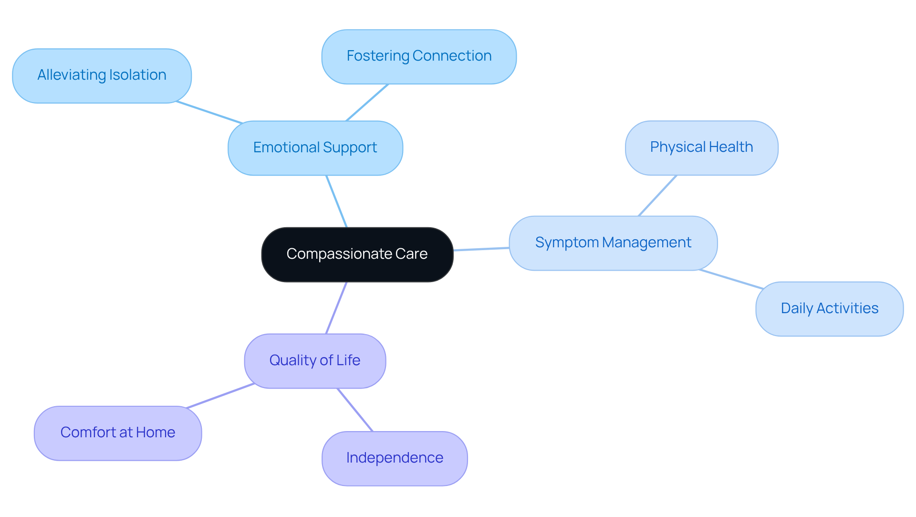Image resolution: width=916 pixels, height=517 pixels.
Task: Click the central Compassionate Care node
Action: coord(357,254)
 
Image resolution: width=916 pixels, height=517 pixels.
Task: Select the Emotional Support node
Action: coord(315,148)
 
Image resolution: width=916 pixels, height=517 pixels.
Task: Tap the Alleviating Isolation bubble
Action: coord(102,75)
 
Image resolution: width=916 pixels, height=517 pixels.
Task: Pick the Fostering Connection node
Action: coord(419,56)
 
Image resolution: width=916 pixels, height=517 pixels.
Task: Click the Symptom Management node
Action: coord(613,243)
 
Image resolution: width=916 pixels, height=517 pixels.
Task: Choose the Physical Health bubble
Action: coord(701,148)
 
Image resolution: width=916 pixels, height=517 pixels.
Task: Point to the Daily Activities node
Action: coord(829,309)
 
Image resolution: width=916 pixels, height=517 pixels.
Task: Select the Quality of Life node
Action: coord(315,360)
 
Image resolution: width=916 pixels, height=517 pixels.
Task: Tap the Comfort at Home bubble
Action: coord(118,433)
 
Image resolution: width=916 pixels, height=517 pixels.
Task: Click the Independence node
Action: coord(395,458)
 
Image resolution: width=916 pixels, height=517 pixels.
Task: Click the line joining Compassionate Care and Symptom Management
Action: coord(481,249)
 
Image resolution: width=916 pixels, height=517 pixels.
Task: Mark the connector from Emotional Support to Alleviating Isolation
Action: coord(209,112)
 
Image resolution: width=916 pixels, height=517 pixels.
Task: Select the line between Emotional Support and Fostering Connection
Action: coord(367,103)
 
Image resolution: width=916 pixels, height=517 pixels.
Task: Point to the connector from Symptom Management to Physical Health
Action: coord(657,196)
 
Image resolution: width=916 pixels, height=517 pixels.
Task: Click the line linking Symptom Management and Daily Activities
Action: coord(731,279)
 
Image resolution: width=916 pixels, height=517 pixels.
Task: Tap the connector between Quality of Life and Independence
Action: coord(355,410)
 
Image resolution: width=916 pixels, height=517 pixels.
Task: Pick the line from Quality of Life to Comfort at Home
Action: coord(220,396)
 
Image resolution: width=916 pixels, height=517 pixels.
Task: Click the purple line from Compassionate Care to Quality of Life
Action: coord(336,308)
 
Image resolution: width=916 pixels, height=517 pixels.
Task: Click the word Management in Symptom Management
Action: coord(646,243)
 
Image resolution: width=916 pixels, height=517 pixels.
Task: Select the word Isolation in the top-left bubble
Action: coord(137,75)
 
